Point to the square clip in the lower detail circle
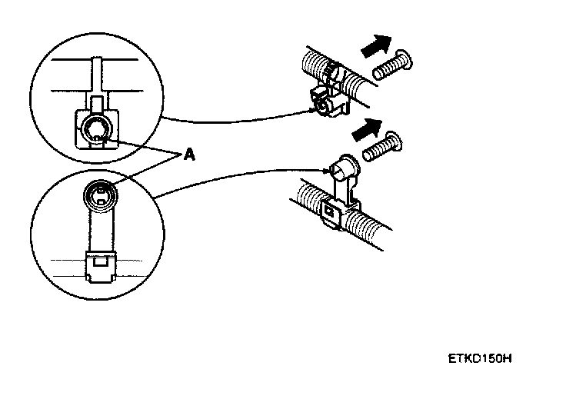point(99,265)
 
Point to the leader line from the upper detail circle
point(231,118)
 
